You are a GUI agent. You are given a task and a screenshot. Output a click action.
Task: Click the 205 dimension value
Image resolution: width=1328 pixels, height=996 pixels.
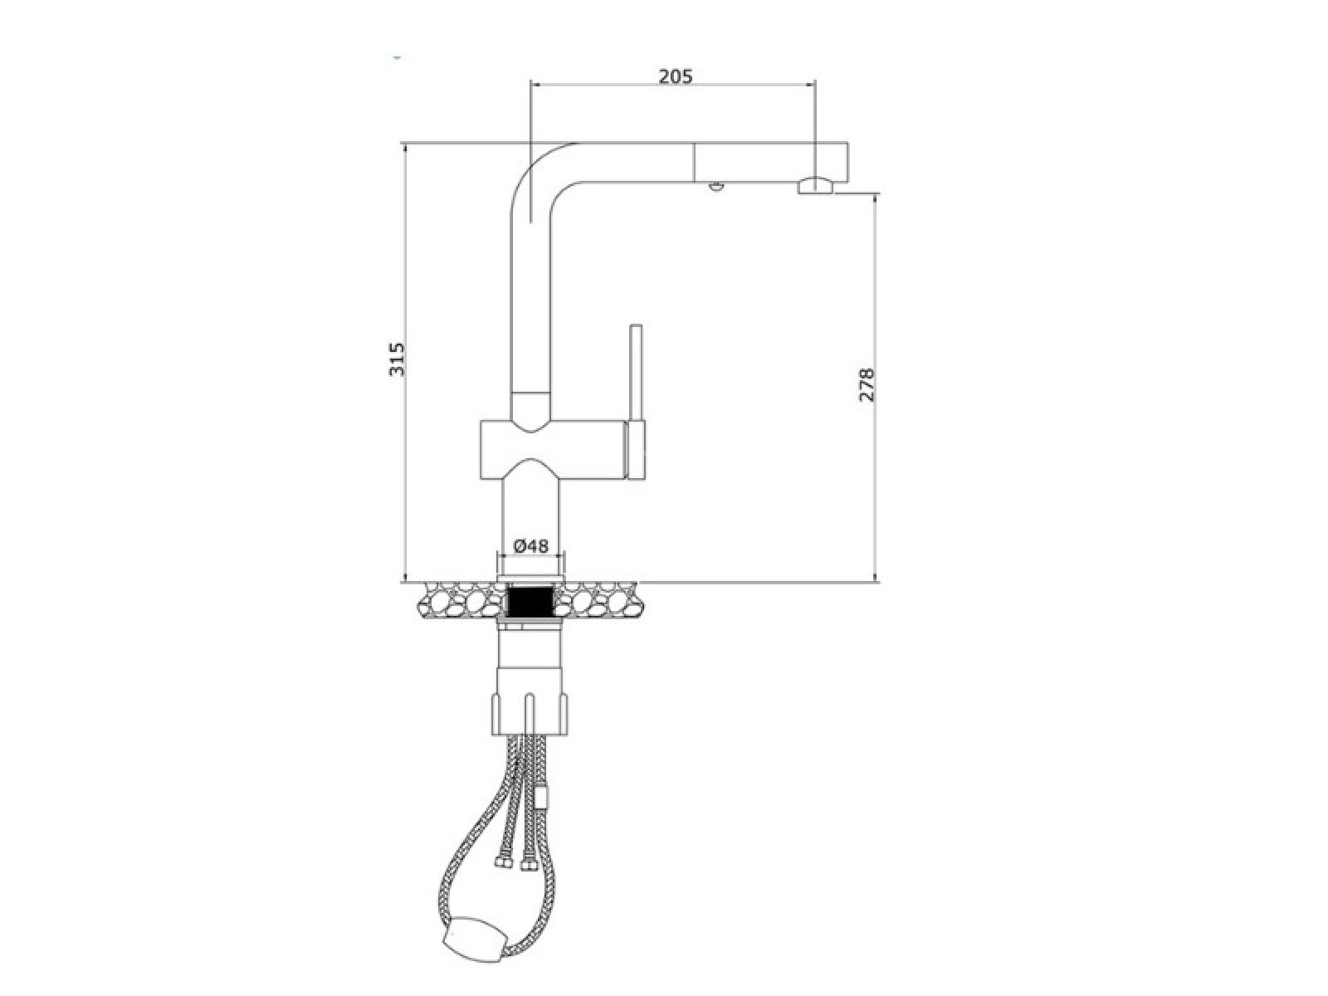point(675,76)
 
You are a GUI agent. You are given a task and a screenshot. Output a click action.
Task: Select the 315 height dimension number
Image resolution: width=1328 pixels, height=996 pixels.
point(396,359)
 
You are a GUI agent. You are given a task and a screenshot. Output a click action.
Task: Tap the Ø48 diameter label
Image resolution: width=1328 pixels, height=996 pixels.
point(530,546)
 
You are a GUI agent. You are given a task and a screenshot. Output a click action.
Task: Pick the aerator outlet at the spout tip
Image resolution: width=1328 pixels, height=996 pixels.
point(814,186)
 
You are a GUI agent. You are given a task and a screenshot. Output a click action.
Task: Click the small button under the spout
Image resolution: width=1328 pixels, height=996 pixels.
point(715,186)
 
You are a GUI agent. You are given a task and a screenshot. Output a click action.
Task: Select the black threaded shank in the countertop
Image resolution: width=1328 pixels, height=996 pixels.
point(530,603)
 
